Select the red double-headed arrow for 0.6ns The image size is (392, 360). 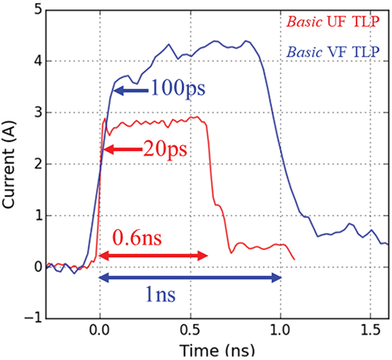(x=154, y=256)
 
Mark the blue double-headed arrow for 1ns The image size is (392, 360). (x=190, y=277)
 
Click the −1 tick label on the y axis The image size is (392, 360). (x=30, y=318)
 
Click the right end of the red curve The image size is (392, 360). (x=294, y=259)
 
